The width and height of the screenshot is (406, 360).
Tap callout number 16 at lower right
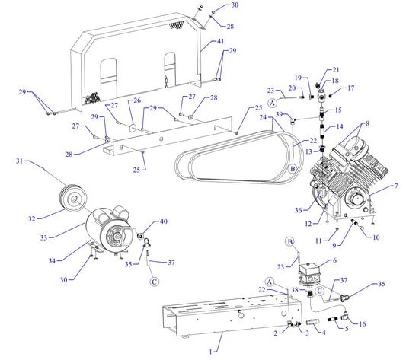pyautogui.click(x=362, y=323)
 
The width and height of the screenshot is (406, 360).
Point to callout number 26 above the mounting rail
pyautogui.click(x=137, y=100)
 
